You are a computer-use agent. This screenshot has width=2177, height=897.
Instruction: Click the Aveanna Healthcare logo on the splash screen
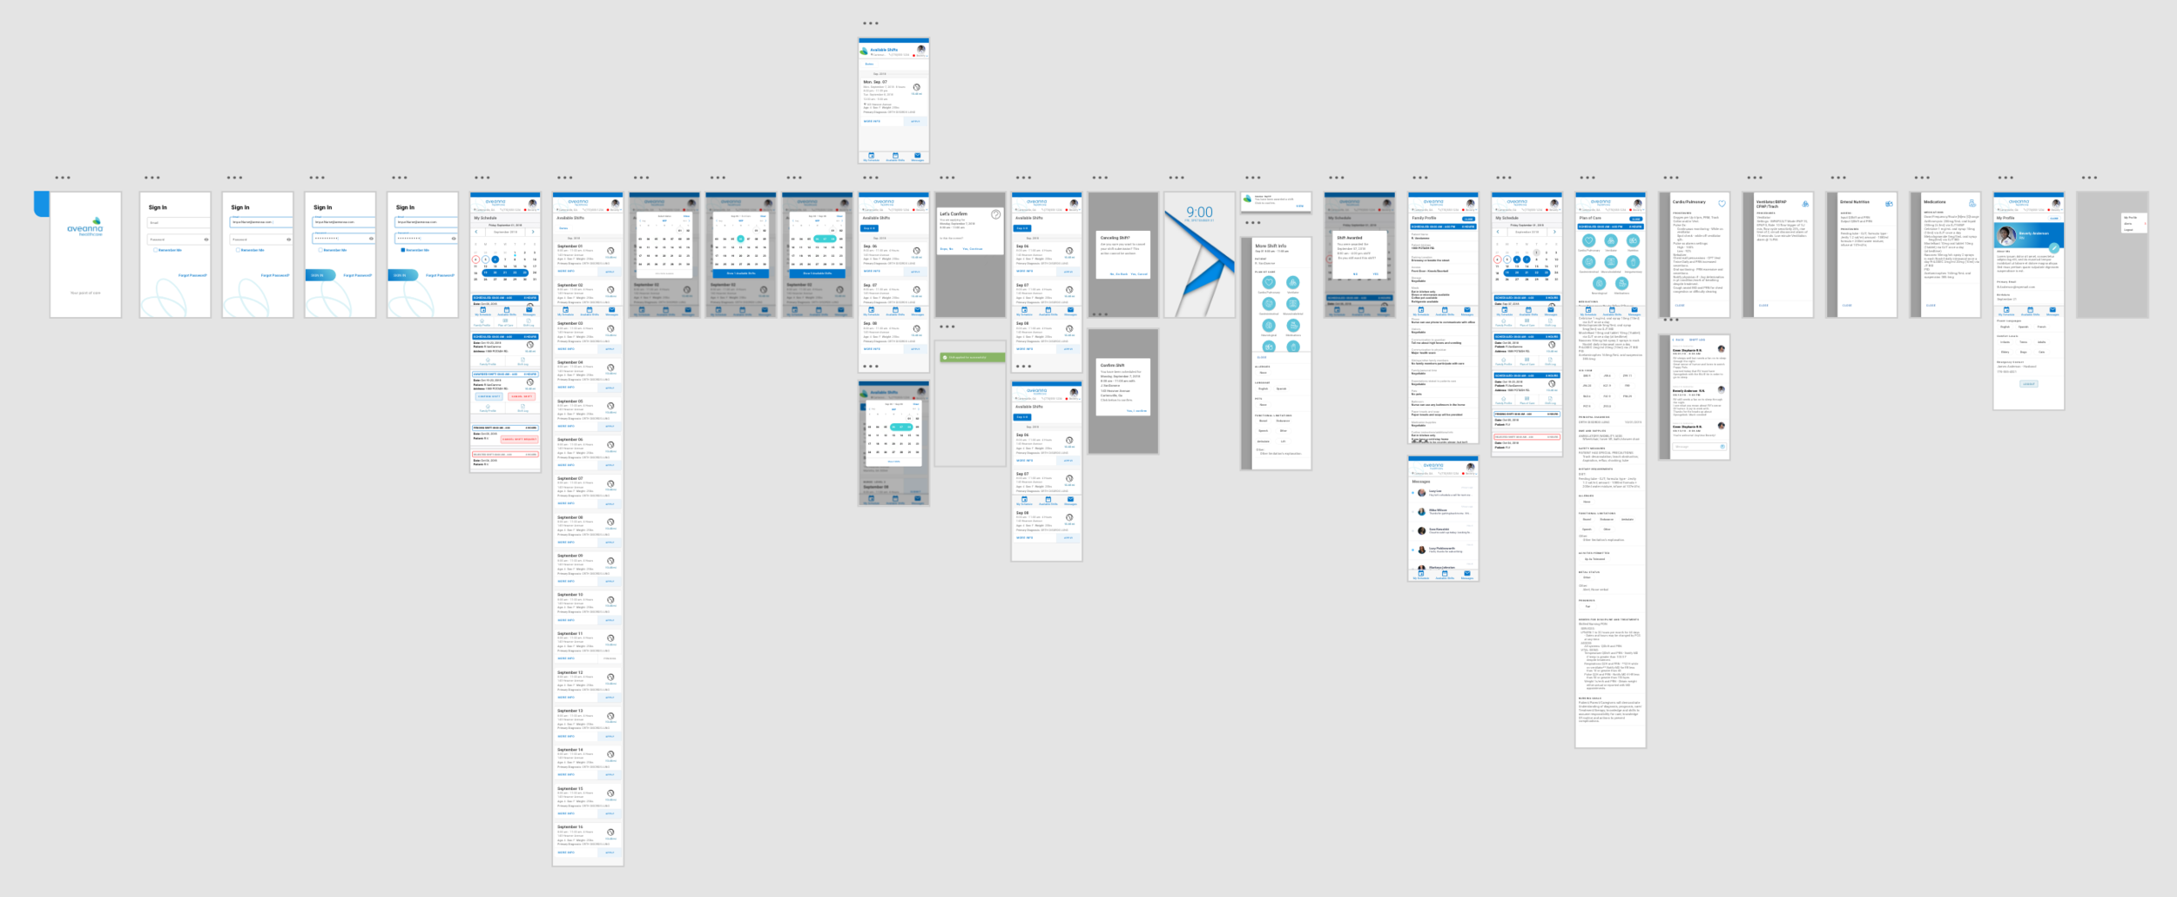pyautogui.click(x=85, y=227)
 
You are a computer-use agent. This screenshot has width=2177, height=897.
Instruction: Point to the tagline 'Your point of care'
pyautogui.click(x=85, y=293)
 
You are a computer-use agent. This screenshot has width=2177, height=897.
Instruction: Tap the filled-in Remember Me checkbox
pyautogui.click(x=402, y=250)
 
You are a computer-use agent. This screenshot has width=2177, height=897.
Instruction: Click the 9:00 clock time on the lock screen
pyautogui.click(x=1199, y=212)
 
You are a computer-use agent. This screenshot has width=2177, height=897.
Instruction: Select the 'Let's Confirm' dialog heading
pyautogui.click(x=954, y=213)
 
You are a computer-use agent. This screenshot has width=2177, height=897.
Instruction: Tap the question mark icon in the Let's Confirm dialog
pyautogui.click(x=995, y=214)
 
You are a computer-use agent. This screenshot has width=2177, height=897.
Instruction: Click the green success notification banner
pyautogui.click(x=972, y=357)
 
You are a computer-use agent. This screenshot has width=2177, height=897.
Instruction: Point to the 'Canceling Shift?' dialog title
pyautogui.click(x=1115, y=238)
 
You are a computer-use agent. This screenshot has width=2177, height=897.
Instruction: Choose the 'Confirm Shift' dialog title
pyautogui.click(x=1112, y=366)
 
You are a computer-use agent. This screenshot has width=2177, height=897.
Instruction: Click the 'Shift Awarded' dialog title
pyautogui.click(x=1350, y=238)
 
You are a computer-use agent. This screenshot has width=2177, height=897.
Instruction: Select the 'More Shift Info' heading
pyautogui.click(x=1270, y=246)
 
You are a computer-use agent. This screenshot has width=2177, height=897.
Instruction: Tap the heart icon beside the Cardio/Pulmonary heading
pyautogui.click(x=1722, y=204)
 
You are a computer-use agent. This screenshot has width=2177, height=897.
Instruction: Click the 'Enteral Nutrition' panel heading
pyautogui.click(x=1855, y=202)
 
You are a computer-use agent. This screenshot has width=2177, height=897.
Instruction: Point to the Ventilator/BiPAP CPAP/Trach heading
pyautogui.click(x=1771, y=204)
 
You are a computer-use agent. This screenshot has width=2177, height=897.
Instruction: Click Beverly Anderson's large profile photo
pyautogui.click(x=2006, y=235)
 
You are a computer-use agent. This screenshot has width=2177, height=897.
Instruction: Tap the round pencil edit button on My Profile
pyautogui.click(x=2053, y=248)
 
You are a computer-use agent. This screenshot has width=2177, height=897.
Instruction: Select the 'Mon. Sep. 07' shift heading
pyautogui.click(x=875, y=82)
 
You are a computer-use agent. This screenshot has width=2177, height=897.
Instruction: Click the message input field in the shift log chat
pyautogui.click(x=1694, y=447)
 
